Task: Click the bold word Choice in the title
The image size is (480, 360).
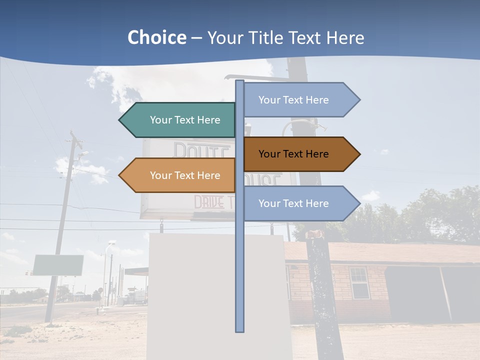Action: pyautogui.click(x=156, y=37)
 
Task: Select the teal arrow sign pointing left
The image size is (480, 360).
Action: pyautogui.click(x=180, y=120)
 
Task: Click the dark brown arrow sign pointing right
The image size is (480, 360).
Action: pyautogui.click(x=300, y=154)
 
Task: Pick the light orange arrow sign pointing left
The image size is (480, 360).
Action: pyautogui.click(x=180, y=175)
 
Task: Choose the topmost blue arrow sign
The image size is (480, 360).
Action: pyautogui.click(x=300, y=100)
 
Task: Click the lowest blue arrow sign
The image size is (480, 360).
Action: pyautogui.click(x=300, y=203)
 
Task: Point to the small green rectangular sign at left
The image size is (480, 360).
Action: pyautogui.click(x=58, y=265)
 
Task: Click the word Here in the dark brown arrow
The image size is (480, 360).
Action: pyautogui.click(x=316, y=154)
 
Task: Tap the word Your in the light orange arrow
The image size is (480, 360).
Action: pyautogui.click(x=160, y=175)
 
